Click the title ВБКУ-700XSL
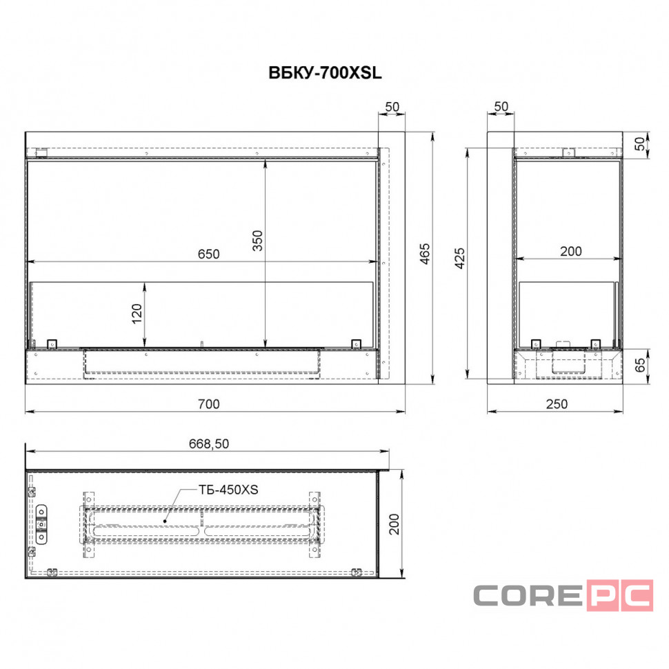pos(325,73)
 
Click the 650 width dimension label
pos(209,254)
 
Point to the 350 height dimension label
pos(258,241)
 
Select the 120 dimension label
pos(137,314)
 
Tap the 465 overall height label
pos(425,254)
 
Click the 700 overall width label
pos(209,404)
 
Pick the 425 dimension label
pos(459,258)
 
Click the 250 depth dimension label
pos(557,404)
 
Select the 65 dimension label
pos(640,365)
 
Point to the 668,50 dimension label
pos(209,443)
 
